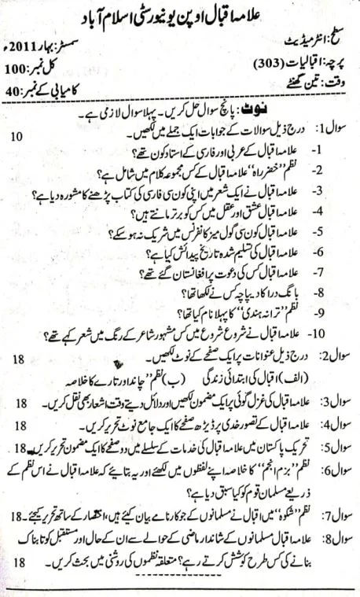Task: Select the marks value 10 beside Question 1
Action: click(x=17, y=137)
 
